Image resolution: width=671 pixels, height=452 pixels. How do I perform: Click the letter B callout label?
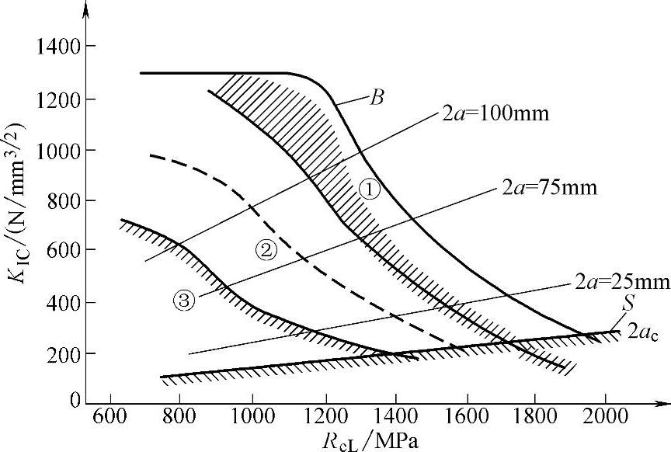378,98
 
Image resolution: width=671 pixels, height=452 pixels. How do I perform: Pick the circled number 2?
265,249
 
